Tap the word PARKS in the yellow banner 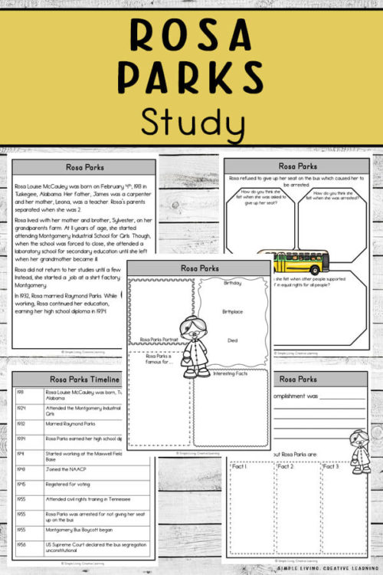coord(191,77)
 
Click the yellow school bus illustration coord(292,262)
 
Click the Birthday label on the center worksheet coord(232,283)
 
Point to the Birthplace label coord(233,312)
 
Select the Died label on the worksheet coord(232,340)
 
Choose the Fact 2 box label coord(284,466)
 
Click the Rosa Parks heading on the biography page coord(83,167)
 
